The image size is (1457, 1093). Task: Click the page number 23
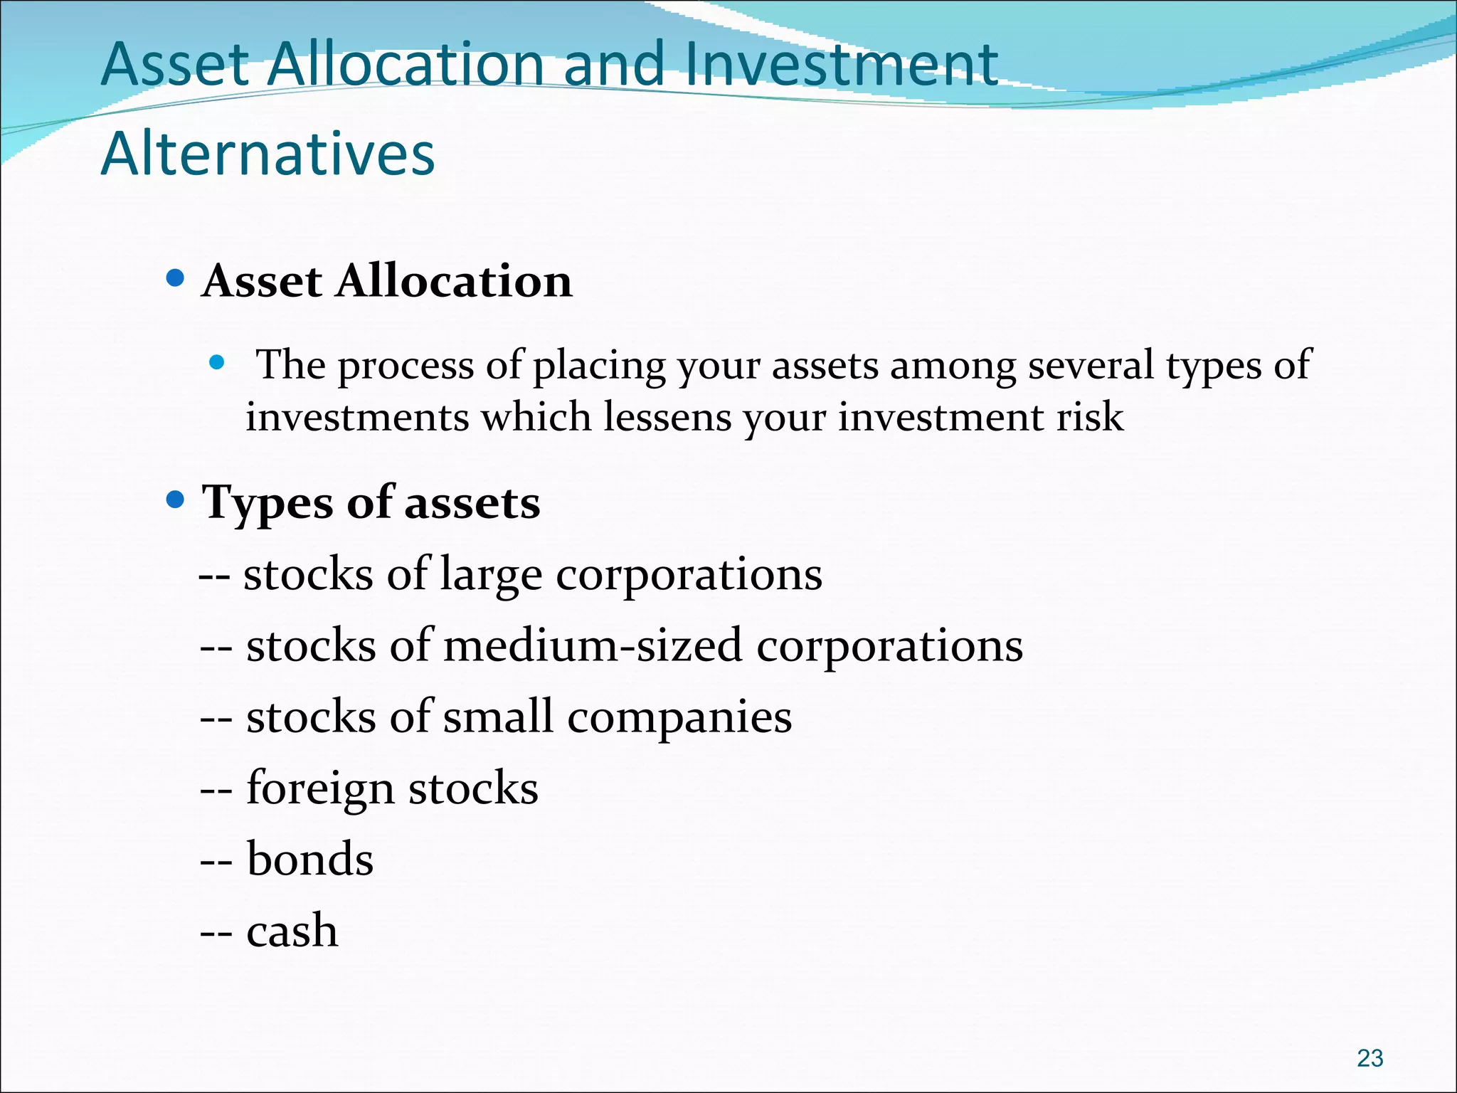[1369, 1058]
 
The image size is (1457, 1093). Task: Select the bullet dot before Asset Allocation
[175, 278]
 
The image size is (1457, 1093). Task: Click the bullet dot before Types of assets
[175, 500]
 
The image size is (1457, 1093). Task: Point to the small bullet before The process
[217, 364]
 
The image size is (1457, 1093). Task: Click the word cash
[292, 930]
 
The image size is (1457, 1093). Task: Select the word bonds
[309, 859]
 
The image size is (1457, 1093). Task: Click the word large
[491, 575]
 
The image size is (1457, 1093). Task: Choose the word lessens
[667, 416]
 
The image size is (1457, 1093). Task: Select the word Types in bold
[267, 504]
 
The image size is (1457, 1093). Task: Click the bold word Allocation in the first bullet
[454, 280]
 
